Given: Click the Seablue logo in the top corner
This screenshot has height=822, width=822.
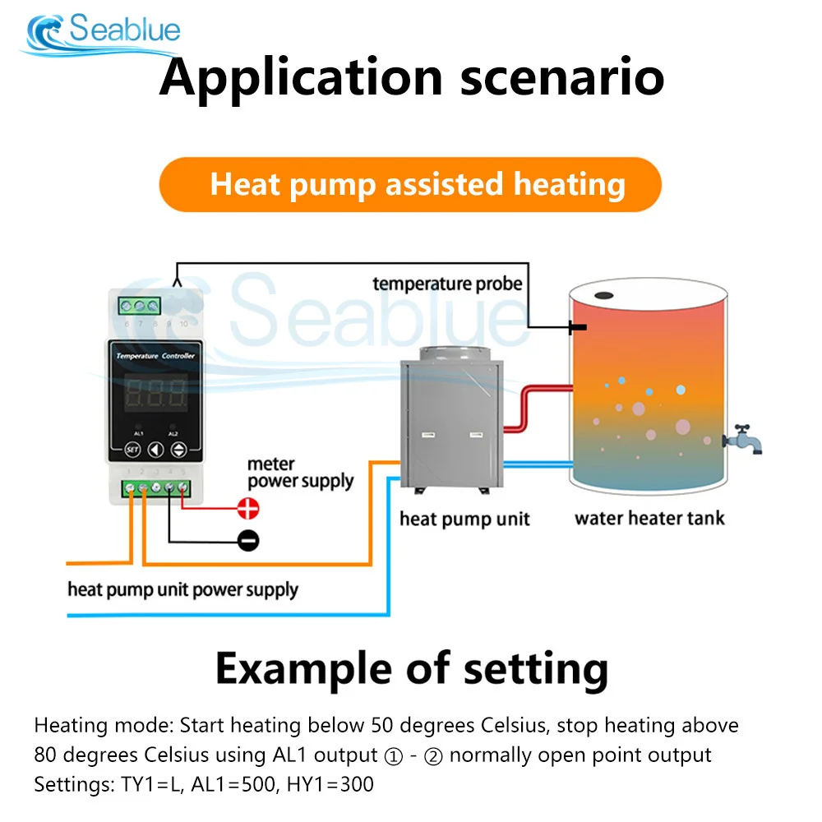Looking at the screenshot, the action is (104, 31).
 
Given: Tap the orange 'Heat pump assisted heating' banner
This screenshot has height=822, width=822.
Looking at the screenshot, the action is (410, 184).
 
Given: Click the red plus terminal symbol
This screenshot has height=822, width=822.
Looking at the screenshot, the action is (247, 509).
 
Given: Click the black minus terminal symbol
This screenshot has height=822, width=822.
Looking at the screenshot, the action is (247, 540).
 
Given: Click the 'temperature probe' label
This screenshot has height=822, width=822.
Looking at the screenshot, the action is (447, 284).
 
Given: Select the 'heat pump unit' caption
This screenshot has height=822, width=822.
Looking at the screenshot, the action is (464, 519).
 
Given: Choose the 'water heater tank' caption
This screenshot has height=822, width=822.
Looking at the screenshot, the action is (649, 519).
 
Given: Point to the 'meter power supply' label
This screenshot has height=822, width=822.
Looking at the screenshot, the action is (300, 473).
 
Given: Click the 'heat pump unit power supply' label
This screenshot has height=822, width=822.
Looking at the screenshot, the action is (182, 589).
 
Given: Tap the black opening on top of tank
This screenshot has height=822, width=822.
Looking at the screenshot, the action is (605, 295).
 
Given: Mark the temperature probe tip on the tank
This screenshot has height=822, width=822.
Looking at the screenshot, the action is (577, 328).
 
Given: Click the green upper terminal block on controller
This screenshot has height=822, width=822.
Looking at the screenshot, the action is (141, 307).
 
